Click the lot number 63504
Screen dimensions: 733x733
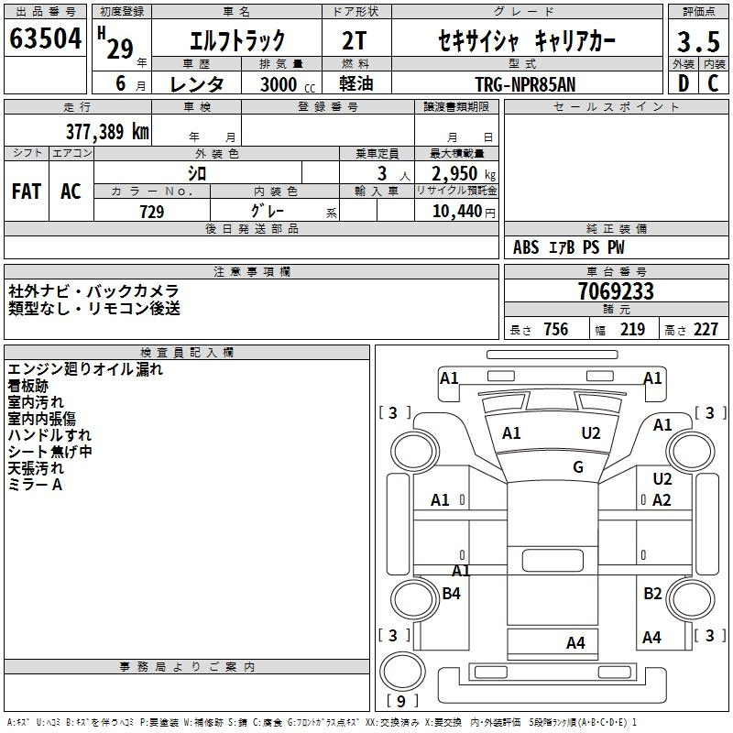[x=45, y=38]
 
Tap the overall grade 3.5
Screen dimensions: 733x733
[x=698, y=41]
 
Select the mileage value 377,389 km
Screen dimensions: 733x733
[x=107, y=132]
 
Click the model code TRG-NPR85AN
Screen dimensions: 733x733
[x=525, y=84]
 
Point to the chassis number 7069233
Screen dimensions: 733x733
[x=616, y=290]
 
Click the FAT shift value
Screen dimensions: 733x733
[x=27, y=191]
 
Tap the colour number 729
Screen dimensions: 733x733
[x=152, y=212]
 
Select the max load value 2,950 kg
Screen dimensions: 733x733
[x=464, y=174]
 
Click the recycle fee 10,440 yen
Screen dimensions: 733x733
[x=464, y=212]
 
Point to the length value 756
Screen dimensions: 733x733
[x=556, y=329]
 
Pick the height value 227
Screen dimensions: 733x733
[x=706, y=329]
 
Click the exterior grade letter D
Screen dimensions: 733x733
[x=684, y=83]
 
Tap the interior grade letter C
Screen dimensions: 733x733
[x=713, y=83]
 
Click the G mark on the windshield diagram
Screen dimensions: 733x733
[x=578, y=466]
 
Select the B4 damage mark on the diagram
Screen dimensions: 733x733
[x=451, y=593]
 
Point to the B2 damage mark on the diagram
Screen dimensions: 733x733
[x=652, y=593]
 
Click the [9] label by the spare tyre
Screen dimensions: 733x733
[x=401, y=701]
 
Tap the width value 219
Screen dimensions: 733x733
[x=632, y=329]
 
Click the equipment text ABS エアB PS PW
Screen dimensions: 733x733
[x=568, y=247]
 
